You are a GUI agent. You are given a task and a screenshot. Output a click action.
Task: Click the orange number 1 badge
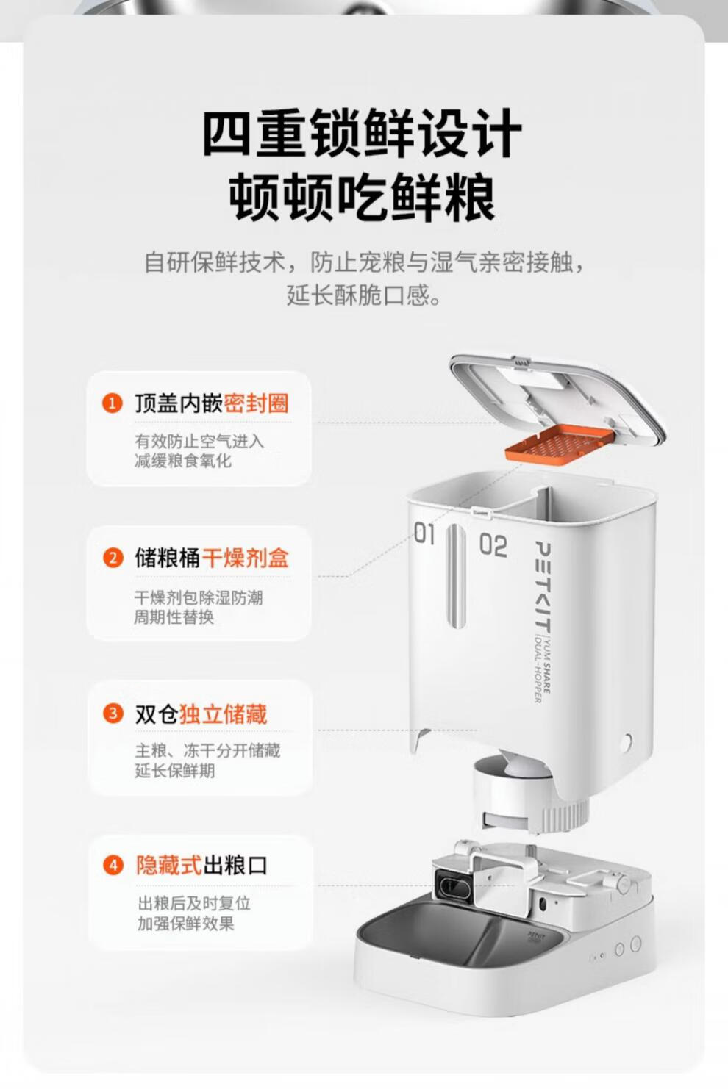pyautogui.click(x=113, y=403)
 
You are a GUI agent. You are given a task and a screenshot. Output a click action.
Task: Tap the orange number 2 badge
pyautogui.click(x=113, y=558)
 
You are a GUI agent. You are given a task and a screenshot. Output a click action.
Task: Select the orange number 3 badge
pyautogui.click(x=113, y=714)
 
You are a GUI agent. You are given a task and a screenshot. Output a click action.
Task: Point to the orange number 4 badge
pyautogui.click(x=113, y=866)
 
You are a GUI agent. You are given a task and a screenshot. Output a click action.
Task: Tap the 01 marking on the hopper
pyautogui.click(x=424, y=533)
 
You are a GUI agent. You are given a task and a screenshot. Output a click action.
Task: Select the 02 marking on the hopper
pyautogui.click(x=493, y=544)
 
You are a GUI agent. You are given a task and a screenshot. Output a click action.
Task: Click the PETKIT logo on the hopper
pyautogui.click(x=543, y=586)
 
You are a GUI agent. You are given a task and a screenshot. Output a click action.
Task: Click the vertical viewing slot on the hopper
pyautogui.click(x=455, y=575)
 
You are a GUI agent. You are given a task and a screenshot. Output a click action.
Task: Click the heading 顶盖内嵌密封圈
pyautogui.click(x=212, y=403)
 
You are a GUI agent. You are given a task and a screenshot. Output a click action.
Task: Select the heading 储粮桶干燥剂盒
pyautogui.click(x=212, y=558)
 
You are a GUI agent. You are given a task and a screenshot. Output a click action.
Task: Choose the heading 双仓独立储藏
pyautogui.click(x=201, y=714)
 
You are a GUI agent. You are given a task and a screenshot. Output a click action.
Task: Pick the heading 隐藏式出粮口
pyautogui.click(x=201, y=866)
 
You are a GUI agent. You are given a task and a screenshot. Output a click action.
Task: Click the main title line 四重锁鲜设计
pyautogui.click(x=363, y=133)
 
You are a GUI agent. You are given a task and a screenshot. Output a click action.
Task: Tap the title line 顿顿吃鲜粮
pyautogui.click(x=363, y=198)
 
